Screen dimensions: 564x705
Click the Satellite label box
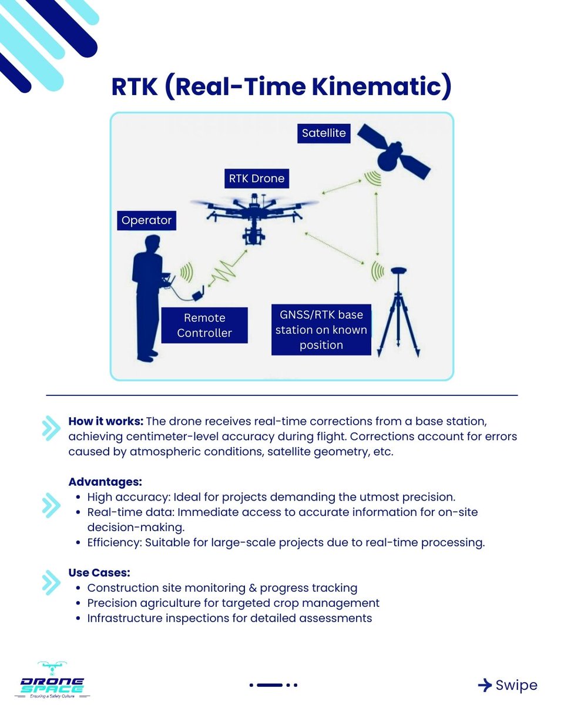tap(323, 133)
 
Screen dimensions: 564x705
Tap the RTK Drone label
tap(256, 178)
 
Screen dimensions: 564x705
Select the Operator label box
tap(146, 221)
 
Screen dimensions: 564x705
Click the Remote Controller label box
tap(204, 325)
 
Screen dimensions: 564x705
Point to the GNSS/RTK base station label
tap(321, 330)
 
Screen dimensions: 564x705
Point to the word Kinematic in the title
tap(382, 87)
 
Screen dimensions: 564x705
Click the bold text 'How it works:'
tap(106, 422)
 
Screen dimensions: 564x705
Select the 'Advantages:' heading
tap(106, 482)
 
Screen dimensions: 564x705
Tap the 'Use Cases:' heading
tap(99, 572)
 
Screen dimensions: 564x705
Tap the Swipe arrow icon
tap(485, 685)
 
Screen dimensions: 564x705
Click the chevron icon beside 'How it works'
tap(51, 429)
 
